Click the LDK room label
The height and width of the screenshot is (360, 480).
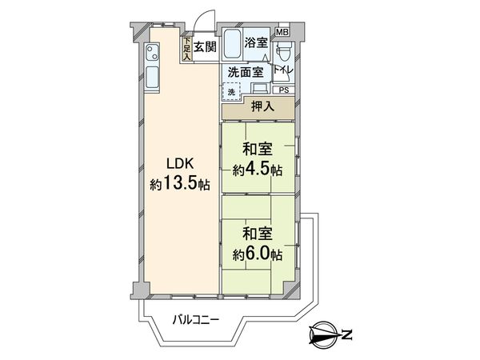click(x=178, y=165)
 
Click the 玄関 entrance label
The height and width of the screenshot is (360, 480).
click(x=205, y=47)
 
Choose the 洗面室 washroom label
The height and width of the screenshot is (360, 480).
click(x=246, y=72)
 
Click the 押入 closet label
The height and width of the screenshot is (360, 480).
click(x=262, y=106)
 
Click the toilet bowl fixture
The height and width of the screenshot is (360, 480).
click(x=283, y=53)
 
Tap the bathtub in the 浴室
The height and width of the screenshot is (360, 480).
click(x=232, y=44)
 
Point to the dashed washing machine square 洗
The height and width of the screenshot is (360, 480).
click(x=231, y=91)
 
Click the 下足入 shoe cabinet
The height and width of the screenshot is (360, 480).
click(x=186, y=49)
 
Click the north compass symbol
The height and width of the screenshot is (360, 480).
click(x=323, y=333)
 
